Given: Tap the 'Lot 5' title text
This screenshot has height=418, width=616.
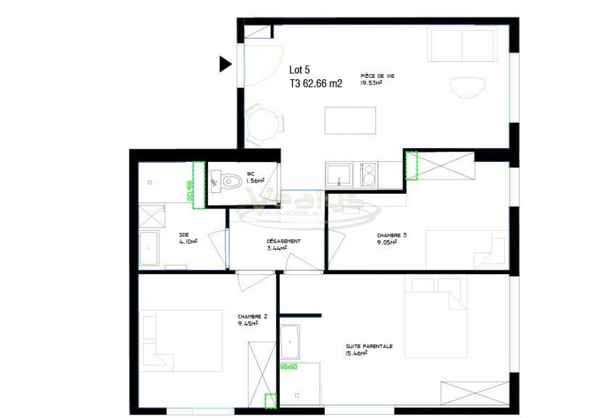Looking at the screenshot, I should tap(299, 70).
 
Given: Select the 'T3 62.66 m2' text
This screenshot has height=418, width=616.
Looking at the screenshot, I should tap(315, 84).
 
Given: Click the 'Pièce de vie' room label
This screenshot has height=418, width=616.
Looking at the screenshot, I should tap(378, 76).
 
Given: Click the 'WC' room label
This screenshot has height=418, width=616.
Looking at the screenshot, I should tap(250, 174).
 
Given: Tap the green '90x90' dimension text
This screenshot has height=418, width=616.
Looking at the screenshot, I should tap(289, 367).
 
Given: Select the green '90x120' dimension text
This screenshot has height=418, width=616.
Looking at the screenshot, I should tap(189, 190).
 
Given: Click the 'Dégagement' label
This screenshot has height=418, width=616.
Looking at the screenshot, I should tap(283, 241).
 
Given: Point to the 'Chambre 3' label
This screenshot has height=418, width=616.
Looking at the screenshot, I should tap(392, 235).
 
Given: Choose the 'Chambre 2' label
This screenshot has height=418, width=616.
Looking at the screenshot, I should tap(252, 316).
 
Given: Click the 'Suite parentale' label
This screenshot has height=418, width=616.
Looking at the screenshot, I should tap(369, 346).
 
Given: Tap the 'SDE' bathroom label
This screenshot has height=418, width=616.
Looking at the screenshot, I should tap(184, 235).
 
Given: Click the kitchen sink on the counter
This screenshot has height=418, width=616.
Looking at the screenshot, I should tap(338, 174).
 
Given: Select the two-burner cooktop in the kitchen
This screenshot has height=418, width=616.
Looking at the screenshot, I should tap(368, 174).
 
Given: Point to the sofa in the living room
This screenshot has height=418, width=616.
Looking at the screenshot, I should tap(462, 44).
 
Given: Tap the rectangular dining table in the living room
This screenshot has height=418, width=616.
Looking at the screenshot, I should tap(350, 120).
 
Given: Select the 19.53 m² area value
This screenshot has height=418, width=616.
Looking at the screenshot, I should tap(371, 83).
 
